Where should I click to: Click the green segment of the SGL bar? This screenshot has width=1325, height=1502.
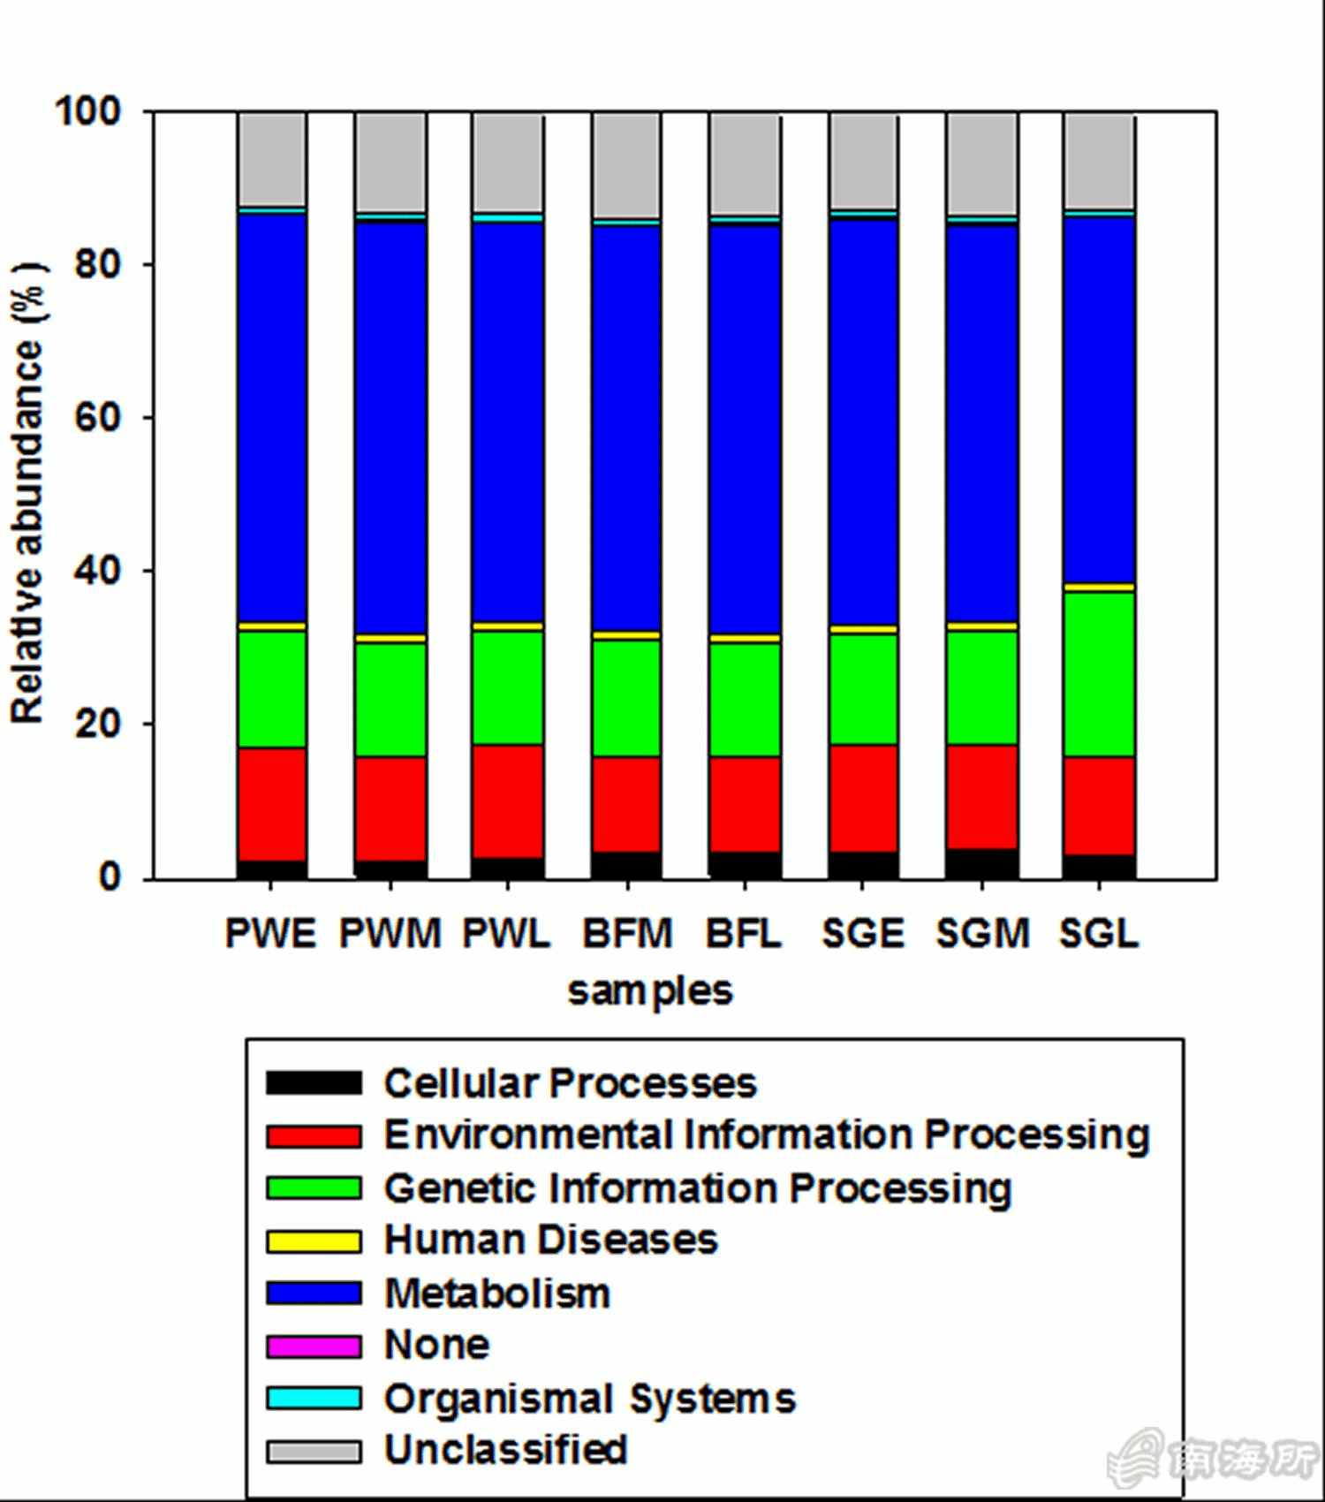(1099, 673)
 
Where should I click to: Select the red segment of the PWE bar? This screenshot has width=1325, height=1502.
(272, 804)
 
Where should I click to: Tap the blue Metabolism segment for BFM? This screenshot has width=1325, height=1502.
(627, 429)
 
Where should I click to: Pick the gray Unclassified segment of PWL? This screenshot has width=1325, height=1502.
(508, 163)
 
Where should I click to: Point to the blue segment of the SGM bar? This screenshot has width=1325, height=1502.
(982, 424)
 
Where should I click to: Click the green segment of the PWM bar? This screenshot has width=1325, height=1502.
(390, 699)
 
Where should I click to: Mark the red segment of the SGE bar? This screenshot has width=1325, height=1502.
(863, 798)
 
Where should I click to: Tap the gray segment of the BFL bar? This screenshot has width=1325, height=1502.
(745, 165)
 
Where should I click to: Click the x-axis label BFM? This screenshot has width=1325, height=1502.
(627, 934)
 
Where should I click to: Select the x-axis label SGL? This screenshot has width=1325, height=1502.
(1099, 934)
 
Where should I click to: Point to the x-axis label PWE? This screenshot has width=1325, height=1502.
(270, 934)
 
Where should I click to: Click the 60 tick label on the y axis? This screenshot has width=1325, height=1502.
(97, 417)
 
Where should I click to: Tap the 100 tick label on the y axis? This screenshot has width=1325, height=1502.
(88, 112)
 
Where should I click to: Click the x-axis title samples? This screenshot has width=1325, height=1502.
(650, 990)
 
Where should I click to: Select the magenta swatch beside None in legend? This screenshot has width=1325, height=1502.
(314, 1346)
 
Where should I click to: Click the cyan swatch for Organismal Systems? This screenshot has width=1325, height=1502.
(314, 1399)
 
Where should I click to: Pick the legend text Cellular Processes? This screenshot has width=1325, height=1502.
(571, 1083)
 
